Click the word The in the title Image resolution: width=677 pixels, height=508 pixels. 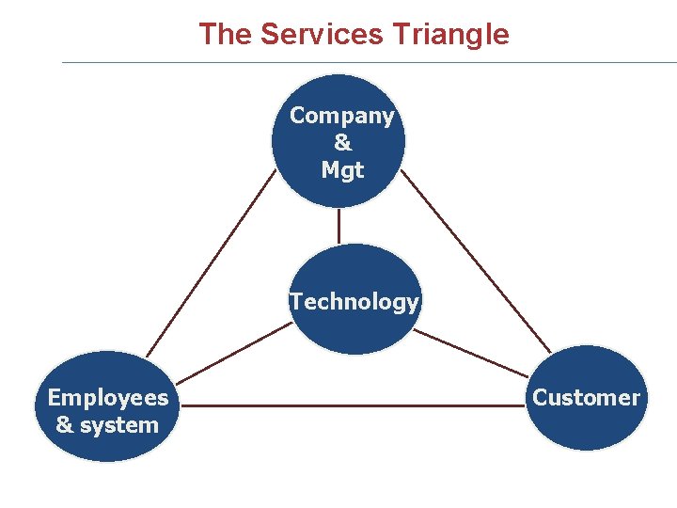click(x=226, y=35)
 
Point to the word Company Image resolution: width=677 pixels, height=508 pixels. click(x=341, y=116)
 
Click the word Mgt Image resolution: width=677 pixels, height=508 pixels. click(x=342, y=170)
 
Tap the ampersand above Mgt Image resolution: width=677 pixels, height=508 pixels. click(x=342, y=143)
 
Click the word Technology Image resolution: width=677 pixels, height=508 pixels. click(x=354, y=302)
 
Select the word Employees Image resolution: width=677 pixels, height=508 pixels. click(x=108, y=397)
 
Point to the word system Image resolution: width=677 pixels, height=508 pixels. click(x=119, y=425)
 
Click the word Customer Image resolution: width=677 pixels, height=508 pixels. click(x=586, y=397)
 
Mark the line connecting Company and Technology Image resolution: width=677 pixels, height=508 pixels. click(x=338, y=226)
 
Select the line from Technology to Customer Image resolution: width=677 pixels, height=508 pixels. click(x=470, y=353)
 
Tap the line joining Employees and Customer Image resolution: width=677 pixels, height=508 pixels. click(x=353, y=405)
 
